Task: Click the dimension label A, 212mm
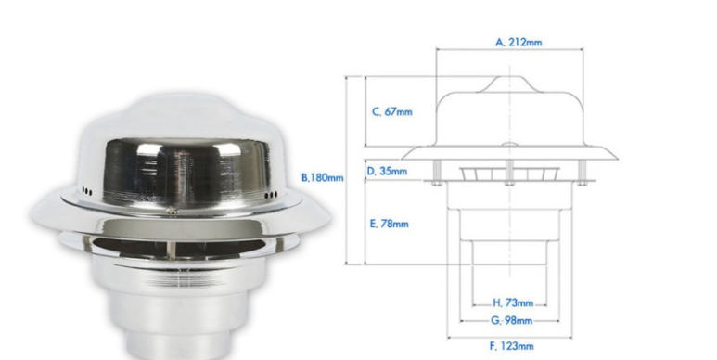519,43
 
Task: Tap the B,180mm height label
323,177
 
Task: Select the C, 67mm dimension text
391,111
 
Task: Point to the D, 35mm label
387,172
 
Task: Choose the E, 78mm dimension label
390,224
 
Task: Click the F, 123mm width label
512,346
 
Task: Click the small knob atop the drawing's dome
509,84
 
